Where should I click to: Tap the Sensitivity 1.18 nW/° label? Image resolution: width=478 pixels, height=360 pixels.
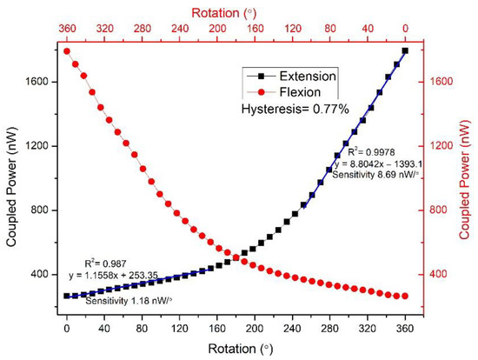coord(131,300)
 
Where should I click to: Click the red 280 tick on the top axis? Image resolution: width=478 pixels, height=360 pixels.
coord(141,29)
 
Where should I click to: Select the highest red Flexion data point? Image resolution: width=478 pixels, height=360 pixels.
coord(66,50)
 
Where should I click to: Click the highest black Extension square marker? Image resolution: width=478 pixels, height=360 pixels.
coord(405,50)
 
